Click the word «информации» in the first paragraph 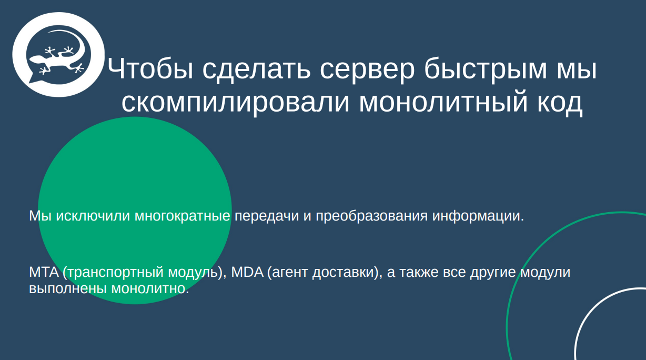[x=478, y=216]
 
